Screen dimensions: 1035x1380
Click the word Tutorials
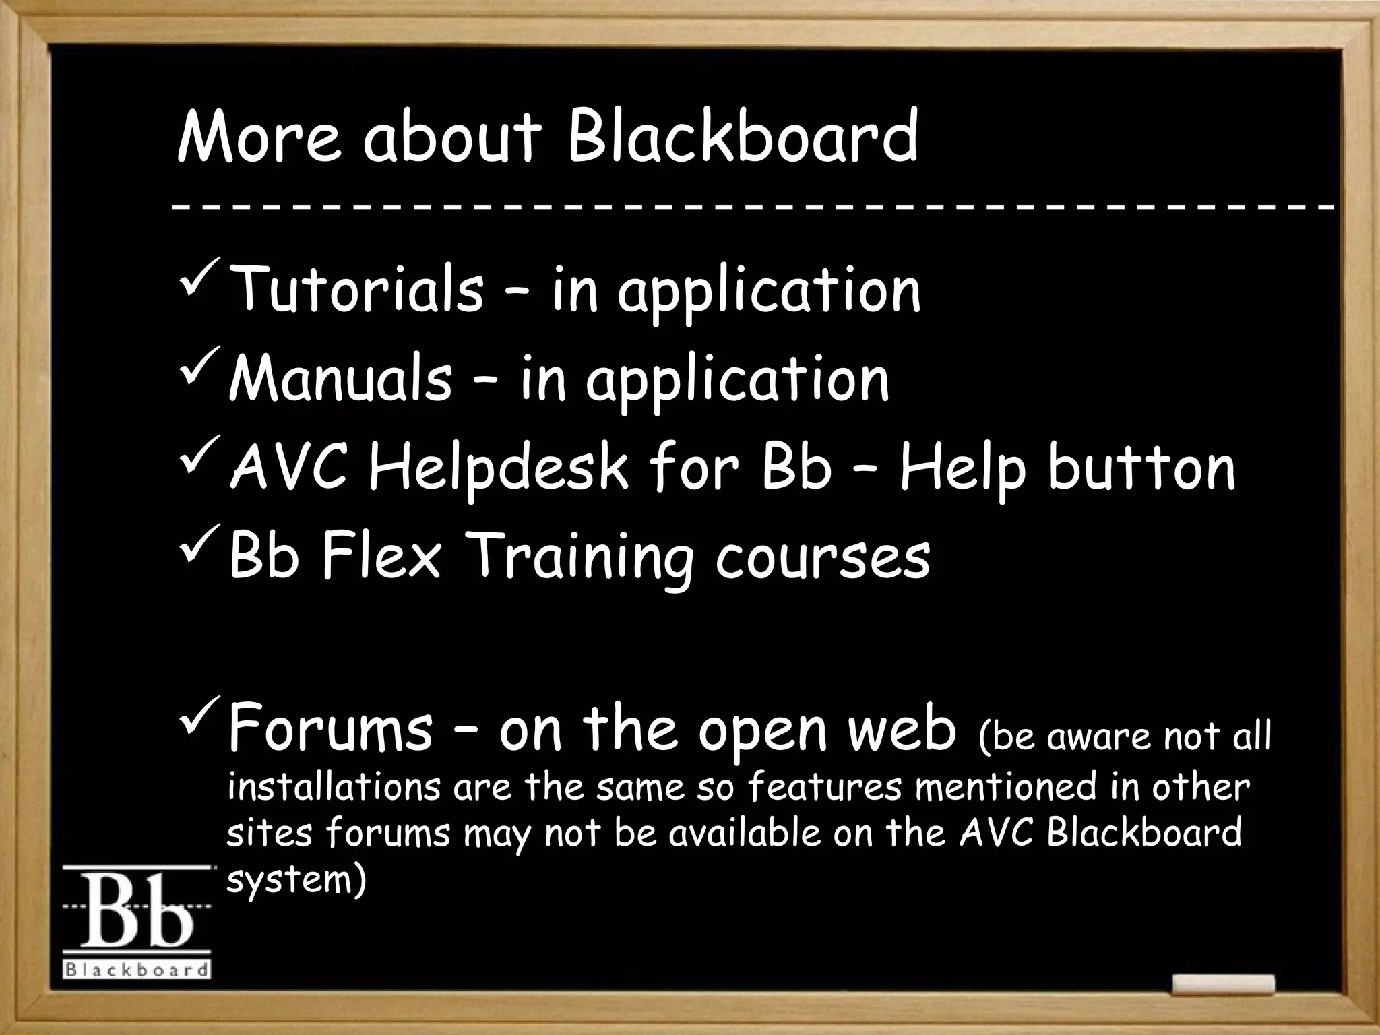pos(356,290)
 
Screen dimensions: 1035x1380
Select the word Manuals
pos(340,379)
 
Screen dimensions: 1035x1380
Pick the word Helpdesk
pos(499,470)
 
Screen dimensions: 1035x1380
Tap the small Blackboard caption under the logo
pos(137,971)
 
